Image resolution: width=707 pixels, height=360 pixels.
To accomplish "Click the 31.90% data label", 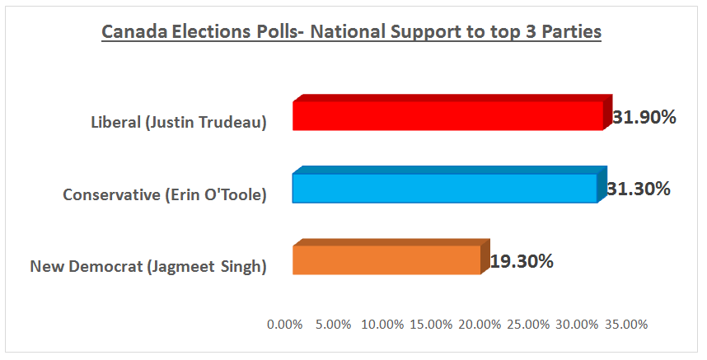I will [644, 117].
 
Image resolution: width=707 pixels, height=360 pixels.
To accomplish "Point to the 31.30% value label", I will [638, 189].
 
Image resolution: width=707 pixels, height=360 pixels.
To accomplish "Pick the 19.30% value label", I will [522, 261].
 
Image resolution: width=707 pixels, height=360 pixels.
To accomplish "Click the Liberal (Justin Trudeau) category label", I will [178, 123].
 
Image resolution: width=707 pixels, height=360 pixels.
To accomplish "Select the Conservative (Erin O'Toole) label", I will [165, 194].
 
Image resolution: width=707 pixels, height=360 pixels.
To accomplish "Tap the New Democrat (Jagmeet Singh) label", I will [148, 266].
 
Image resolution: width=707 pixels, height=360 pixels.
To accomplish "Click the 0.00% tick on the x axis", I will [285, 325].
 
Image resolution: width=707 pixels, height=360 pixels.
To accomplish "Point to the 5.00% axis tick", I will [334, 325].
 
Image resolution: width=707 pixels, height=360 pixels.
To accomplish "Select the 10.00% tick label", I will [382, 325].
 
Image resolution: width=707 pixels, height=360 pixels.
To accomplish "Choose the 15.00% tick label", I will [431, 325].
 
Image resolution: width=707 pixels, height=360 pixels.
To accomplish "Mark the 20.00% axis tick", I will [480, 325].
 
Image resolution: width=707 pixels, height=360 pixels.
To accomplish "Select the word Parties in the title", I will [571, 32].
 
